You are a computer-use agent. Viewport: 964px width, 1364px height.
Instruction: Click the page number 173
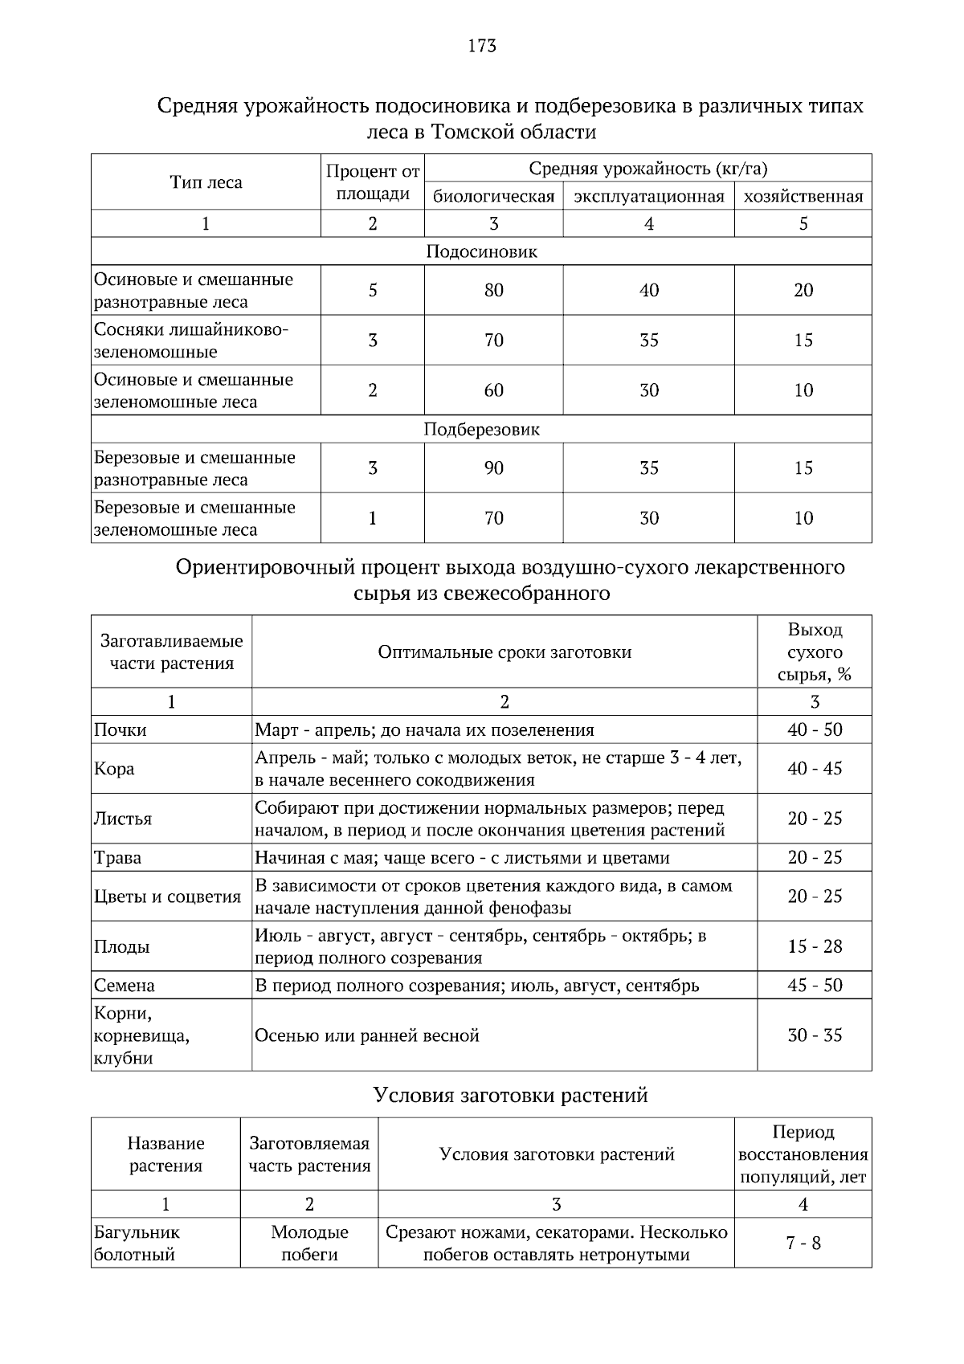(x=482, y=46)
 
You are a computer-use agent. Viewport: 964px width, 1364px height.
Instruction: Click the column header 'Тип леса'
(x=206, y=182)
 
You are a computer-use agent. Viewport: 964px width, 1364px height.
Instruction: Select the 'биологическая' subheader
(x=494, y=197)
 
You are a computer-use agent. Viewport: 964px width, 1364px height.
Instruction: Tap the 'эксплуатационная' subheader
(x=648, y=197)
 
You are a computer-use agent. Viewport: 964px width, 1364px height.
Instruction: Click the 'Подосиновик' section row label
(x=481, y=251)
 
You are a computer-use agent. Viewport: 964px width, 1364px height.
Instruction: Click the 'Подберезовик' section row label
(x=481, y=429)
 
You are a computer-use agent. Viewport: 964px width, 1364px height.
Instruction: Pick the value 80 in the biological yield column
(x=494, y=290)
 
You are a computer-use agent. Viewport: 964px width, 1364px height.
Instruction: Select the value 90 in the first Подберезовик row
(x=494, y=468)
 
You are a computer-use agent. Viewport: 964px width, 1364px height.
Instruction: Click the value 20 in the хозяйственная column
(x=803, y=290)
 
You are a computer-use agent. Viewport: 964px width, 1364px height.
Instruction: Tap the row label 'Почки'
(x=120, y=730)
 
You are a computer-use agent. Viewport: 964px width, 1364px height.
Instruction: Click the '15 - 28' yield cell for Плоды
(x=815, y=946)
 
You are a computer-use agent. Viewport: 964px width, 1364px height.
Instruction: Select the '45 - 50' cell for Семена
(x=815, y=985)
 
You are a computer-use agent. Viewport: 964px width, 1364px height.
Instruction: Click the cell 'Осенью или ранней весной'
(x=367, y=1035)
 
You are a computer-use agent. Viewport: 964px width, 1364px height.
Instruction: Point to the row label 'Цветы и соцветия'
(x=167, y=896)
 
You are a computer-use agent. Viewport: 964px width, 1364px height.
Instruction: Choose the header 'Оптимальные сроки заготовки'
(x=504, y=652)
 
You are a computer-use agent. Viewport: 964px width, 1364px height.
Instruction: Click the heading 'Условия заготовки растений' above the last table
(x=511, y=1095)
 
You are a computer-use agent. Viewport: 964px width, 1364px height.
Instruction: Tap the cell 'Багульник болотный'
(x=137, y=1243)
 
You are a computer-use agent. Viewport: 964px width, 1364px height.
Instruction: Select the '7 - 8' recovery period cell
(x=803, y=1244)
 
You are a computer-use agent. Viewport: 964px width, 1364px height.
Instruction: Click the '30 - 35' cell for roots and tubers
(x=815, y=1035)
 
